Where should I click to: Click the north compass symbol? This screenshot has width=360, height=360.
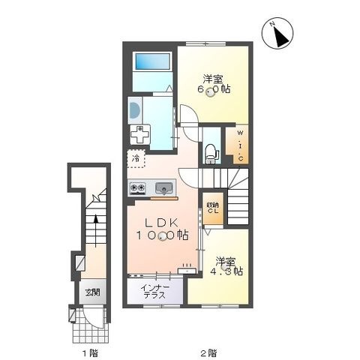tap(277, 33)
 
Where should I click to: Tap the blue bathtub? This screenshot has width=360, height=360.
tap(152, 61)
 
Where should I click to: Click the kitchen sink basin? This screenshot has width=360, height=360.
tap(164, 188)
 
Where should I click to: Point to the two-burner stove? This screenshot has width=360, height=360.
tap(137, 189)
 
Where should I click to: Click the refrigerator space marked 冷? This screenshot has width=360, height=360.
tap(136, 158)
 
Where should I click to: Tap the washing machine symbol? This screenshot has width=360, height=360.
tap(140, 134)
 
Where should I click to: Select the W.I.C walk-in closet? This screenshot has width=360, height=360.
tap(237, 144)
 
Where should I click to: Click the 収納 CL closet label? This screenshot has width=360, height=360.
tap(212, 208)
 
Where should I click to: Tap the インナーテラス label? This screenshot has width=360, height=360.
tap(154, 291)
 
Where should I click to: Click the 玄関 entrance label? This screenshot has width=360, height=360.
tap(93, 292)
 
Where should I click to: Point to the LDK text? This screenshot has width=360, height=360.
tap(162, 223)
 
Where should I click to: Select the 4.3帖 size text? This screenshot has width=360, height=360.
tap(226, 271)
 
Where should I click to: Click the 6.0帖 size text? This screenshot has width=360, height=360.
tap(214, 89)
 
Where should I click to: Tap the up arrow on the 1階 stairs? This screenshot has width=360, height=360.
tap(95, 231)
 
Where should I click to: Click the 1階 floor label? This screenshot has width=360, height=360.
tap(91, 353)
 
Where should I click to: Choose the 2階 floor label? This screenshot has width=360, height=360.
tap(208, 353)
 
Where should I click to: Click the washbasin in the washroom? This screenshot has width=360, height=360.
tap(135, 110)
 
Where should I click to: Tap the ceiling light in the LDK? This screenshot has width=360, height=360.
tap(163, 236)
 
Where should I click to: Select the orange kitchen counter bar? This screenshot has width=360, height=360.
tap(164, 199)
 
